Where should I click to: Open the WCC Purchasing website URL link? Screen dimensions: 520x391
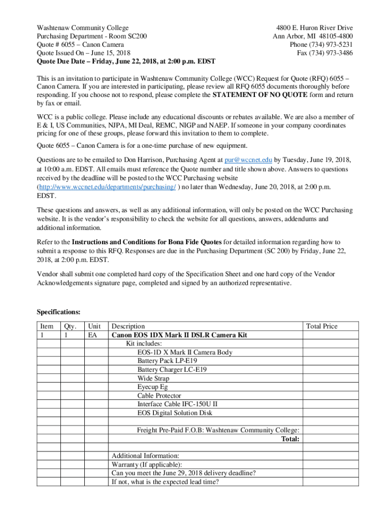[x=107, y=187]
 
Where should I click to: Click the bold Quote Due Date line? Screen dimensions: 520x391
[x=126, y=61]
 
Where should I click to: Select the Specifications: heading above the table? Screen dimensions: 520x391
[x=58, y=312]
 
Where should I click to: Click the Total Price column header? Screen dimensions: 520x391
[x=322, y=327]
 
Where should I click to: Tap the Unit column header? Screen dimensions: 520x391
[x=94, y=327]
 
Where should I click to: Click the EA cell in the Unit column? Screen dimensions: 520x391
[x=92, y=335]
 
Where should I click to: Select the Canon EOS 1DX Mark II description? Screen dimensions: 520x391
[x=179, y=335]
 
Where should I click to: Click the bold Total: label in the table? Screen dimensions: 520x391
[x=290, y=439]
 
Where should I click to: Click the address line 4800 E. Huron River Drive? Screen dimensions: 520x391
[x=314, y=28]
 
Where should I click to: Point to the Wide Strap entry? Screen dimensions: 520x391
[x=153, y=378]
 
